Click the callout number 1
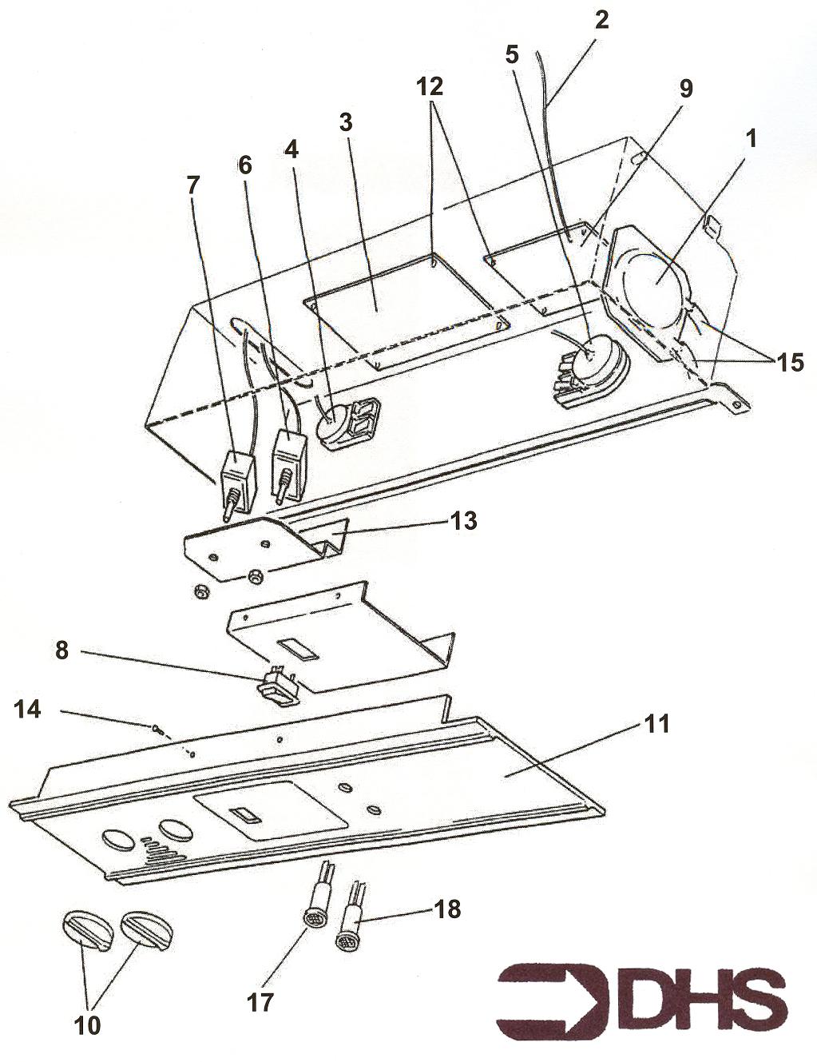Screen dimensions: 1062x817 748,139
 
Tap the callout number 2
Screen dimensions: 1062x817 601,19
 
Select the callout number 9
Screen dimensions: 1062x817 684,88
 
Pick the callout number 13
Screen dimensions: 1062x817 464,520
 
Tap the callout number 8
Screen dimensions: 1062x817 62,650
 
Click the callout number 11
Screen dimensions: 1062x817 658,725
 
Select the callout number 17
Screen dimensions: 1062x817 260,1001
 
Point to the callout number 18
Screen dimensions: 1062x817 447,909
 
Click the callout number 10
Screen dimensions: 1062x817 89,1025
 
